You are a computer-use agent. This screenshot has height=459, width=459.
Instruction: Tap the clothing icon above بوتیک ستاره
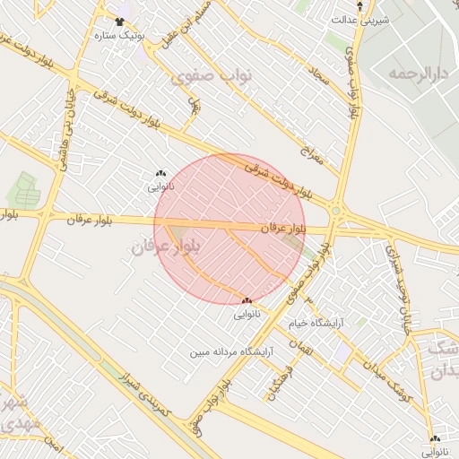(x=119, y=21)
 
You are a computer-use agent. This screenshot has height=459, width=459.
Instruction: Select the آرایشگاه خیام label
(x=319, y=323)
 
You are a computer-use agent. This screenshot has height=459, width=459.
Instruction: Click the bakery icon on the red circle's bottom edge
(x=247, y=300)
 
